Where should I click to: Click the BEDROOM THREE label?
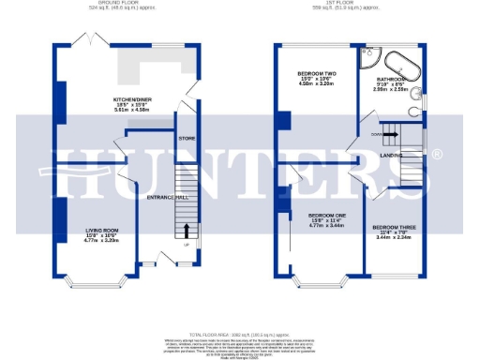tap(393, 227)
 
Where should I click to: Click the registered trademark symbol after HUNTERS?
tap(437, 154)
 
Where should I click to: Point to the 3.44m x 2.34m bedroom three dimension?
tap(393, 238)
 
